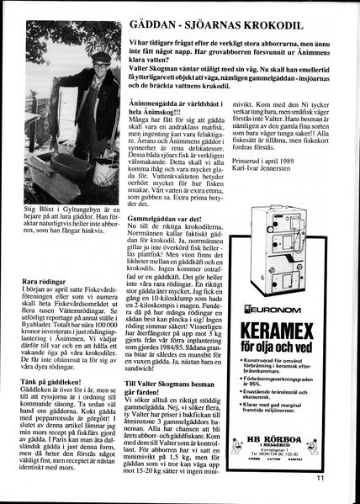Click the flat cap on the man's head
tap(100, 58)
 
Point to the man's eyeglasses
tap(102, 66)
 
